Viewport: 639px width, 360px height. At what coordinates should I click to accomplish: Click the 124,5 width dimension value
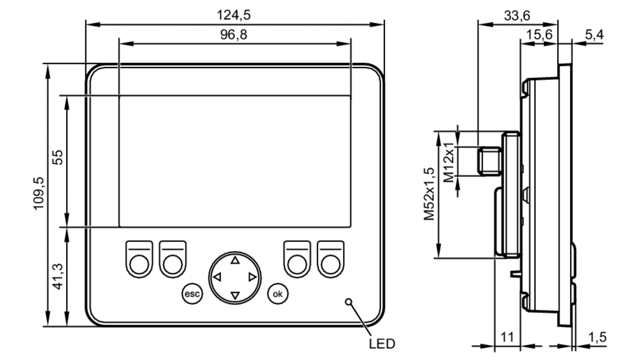[234, 15]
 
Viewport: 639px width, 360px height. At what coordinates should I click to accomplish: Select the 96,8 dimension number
[234, 34]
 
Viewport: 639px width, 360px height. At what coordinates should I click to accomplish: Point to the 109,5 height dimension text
[39, 193]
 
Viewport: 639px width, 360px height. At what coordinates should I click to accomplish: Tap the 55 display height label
[58, 157]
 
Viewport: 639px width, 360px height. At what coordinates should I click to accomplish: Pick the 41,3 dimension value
[58, 277]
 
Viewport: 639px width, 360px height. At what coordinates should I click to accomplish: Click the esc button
[192, 294]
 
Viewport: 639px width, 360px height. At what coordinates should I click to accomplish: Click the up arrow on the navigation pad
[235, 260]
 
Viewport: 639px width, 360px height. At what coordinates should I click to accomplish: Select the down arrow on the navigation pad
[235, 295]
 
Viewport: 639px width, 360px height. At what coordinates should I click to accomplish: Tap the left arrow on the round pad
[217, 277]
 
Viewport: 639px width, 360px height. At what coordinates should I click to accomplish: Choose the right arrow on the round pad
[252, 277]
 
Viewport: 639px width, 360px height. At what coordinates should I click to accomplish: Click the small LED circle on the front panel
[349, 302]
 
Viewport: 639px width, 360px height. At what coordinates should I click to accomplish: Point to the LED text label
[382, 344]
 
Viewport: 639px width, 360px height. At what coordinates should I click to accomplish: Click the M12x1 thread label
[449, 162]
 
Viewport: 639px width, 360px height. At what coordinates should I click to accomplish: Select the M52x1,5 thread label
[429, 194]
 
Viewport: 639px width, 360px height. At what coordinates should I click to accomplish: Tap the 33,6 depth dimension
[517, 15]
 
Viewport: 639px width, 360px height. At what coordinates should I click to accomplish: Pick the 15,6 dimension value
[539, 34]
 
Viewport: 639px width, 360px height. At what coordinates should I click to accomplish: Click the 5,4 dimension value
[594, 34]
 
